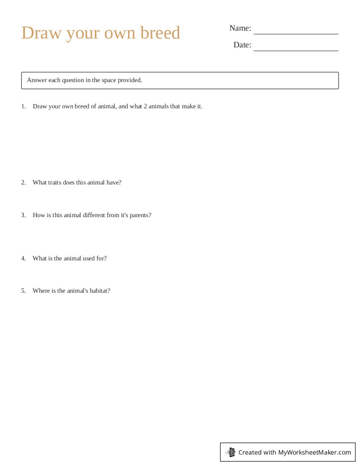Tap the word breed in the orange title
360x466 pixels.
pyautogui.click(x=160, y=33)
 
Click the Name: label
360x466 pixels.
pyautogui.click(x=240, y=28)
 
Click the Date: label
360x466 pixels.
pyautogui.click(x=242, y=45)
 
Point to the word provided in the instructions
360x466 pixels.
pyautogui.click(x=130, y=80)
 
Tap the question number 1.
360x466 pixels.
pyautogui.click(x=23, y=106)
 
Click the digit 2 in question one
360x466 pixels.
pyautogui.click(x=145, y=106)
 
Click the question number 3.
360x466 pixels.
pyautogui.click(x=23, y=215)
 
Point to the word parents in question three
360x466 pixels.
pyautogui.click(x=140, y=215)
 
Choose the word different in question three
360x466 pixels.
pyautogui.click(x=93, y=215)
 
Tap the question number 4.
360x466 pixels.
pyautogui.click(x=23, y=258)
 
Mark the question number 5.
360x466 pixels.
pyautogui.click(x=23, y=291)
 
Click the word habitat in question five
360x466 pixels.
pyautogui.click(x=100, y=291)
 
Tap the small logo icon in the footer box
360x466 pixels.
pyautogui.click(x=231, y=452)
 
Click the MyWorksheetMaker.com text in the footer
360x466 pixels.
pyautogui.click(x=315, y=452)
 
